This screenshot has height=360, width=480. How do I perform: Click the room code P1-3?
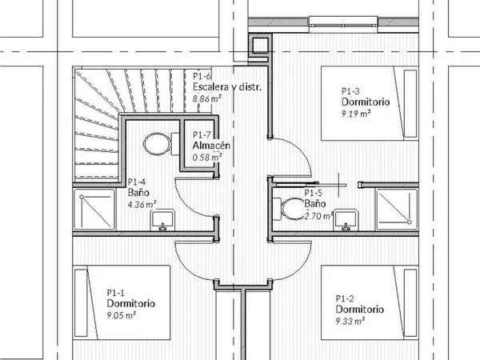tap(350, 91)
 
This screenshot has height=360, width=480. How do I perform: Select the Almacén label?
tap(211, 146)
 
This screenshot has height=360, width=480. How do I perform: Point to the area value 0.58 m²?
tap(207, 158)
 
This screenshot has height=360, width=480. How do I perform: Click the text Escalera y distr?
tap(227, 87)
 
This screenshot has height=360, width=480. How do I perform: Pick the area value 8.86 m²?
tap(207, 98)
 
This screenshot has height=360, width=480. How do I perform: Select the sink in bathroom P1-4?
tap(162, 220)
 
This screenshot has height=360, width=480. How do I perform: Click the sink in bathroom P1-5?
tap(346, 219)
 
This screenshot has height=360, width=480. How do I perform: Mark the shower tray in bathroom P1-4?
tap(94, 209)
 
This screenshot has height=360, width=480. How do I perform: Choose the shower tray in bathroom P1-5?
tap(397, 209)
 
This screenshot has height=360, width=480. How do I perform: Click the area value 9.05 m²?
tap(122, 315)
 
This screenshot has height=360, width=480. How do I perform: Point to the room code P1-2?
tap(345, 298)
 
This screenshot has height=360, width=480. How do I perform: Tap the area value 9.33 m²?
tap(350, 321)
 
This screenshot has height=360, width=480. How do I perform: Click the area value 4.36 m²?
tap(142, 204)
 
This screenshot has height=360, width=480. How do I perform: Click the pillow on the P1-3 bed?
tap(410, 103)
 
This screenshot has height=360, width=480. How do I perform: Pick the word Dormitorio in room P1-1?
tap(130, 304)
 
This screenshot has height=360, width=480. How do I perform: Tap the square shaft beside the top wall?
tap(260, 45)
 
